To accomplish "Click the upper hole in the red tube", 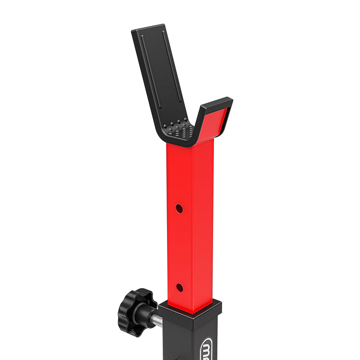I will (179, 209).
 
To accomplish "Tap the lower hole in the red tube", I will (180, 288).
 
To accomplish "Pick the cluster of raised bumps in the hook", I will (180, 128).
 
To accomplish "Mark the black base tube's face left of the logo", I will (180, 343).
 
